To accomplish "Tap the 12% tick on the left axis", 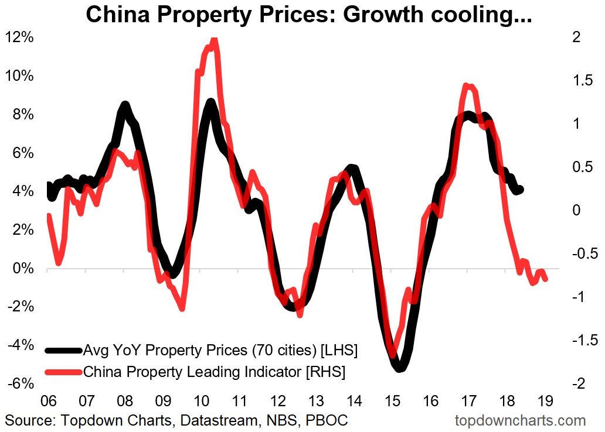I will point(19,38).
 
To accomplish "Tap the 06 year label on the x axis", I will point(48,402).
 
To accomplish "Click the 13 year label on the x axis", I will point(315,402).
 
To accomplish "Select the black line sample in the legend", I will point(63,351).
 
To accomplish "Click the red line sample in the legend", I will point(63,371).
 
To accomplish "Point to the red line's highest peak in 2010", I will point(213,40).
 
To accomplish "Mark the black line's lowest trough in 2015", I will point(399,368).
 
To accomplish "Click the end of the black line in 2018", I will point(520,190).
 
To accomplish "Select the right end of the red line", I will point(546,279).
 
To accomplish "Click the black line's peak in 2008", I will point(124,106).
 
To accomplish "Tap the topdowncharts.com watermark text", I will point(520,420).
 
